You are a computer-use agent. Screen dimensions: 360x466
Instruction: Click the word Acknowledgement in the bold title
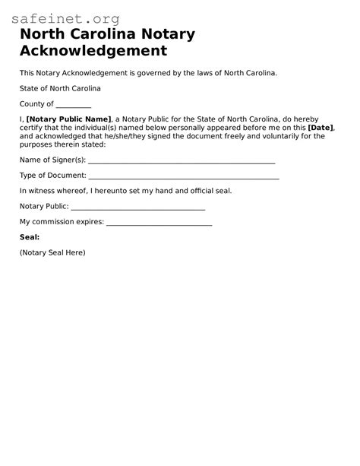[x=93, y=52]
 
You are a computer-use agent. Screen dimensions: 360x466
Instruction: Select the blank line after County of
[x=74, y=105]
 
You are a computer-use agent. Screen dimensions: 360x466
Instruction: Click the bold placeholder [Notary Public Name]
[x=69, y=119]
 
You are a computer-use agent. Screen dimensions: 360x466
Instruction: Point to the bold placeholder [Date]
[x=321, y=128]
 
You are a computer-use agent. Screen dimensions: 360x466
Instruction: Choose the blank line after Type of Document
[x=184, y=176]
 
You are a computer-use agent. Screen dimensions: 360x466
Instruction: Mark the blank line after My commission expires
[x=159, y=222]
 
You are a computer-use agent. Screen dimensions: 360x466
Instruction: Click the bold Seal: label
[x=30, y=237]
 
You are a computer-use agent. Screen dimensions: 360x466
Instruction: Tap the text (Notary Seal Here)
[x=52, y=252]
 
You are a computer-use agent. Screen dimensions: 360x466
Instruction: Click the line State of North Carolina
[x=60, y=89]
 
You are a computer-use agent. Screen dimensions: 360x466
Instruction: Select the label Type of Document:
[x=52, y=176]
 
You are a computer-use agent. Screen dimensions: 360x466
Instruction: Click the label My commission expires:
[x=62, y=222]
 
